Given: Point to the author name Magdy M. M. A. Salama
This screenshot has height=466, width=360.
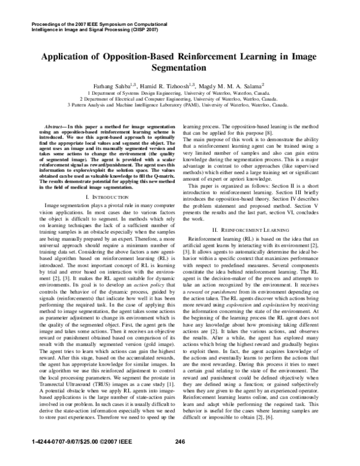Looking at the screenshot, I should [x=242, y=86].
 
